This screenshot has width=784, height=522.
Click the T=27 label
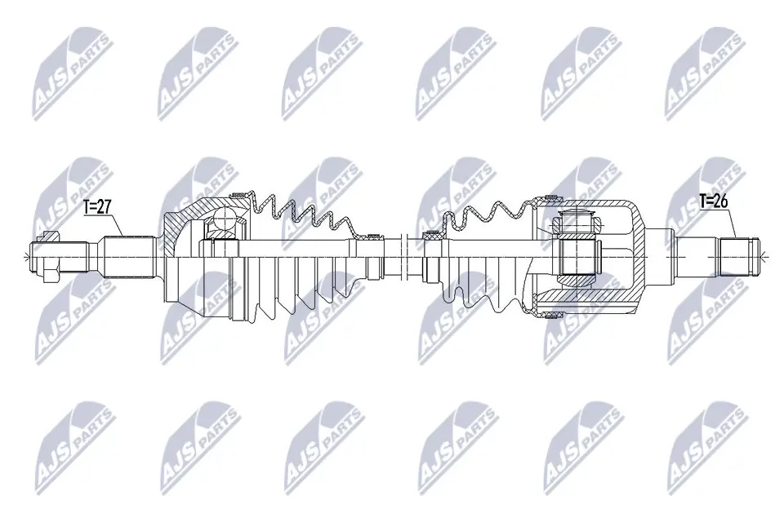coord(97,207)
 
